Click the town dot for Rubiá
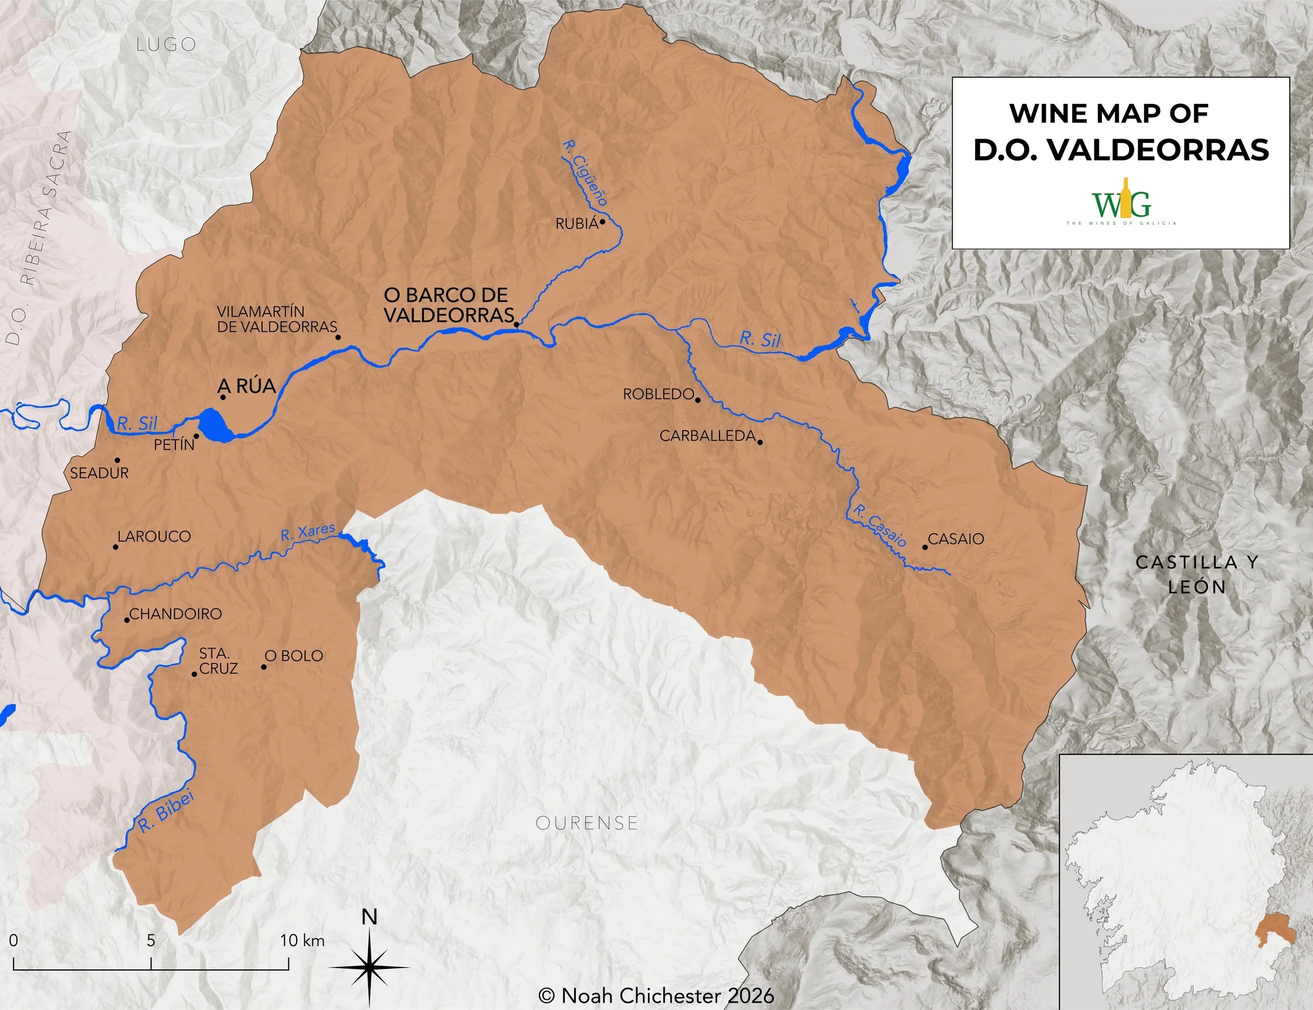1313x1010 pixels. (602, 221)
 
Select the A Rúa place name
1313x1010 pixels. (246, 386)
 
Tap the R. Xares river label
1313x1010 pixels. (307, 532)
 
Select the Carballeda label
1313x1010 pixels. (707, 436)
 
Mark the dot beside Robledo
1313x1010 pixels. (698, 400)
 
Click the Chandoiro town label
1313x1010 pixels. (175, 614)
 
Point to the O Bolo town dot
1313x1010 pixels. (263, 667)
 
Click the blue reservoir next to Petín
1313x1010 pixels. (215, 425)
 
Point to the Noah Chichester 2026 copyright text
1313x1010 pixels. (656, 995)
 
